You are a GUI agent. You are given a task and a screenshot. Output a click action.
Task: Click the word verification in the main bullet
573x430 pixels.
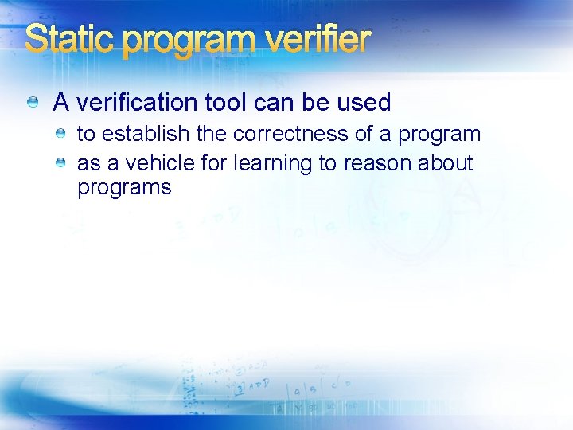(x=134, y=103)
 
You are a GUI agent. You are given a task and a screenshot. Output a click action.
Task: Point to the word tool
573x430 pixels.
(x=227, y=103)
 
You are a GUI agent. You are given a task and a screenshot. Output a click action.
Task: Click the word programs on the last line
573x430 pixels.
(x=124, y=189)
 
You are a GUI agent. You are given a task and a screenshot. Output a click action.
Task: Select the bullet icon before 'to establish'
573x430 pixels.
(x=60, y=133)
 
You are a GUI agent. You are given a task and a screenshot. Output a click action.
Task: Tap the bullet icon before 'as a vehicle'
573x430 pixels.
(x=60, y=162)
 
